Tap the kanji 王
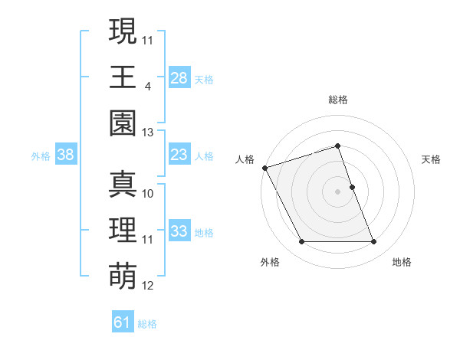[123, 77]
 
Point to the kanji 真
[123, 185]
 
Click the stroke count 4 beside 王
[147, 87]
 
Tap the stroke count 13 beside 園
[148, 133]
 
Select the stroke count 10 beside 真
[148, 194]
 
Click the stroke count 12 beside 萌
[148, 286]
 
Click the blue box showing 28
[179, 78]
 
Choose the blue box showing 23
[179, 155]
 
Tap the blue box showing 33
[179, 231]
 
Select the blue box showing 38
[66, 155]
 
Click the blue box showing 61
[123, 322]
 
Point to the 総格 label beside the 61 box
[147, 324]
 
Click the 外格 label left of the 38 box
[41, 156]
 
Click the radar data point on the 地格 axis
[374, 242]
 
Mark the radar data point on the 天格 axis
[352, 187]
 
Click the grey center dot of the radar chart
[337, 191]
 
